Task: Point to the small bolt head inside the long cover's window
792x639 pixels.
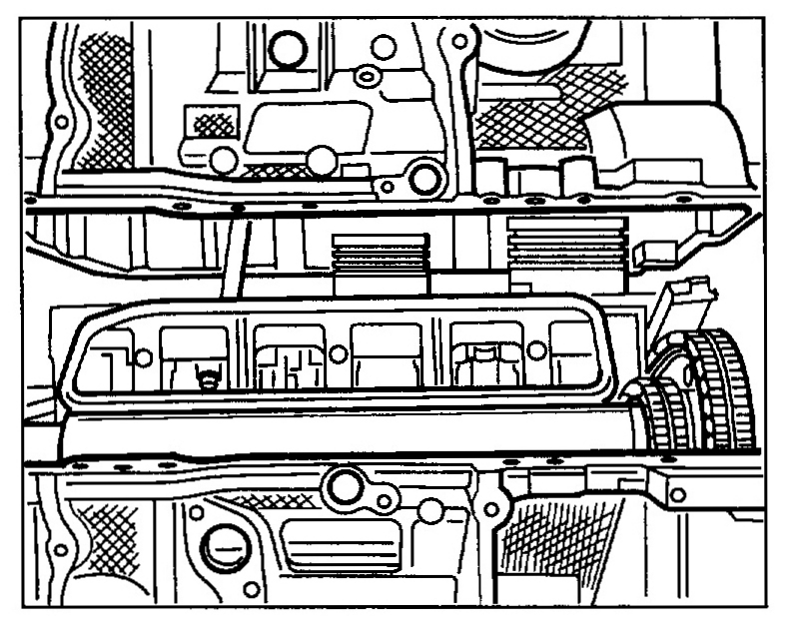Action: click(208, 378)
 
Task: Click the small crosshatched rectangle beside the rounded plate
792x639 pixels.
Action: click(212, 125)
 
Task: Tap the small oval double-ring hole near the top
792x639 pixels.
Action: click(366, 76)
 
